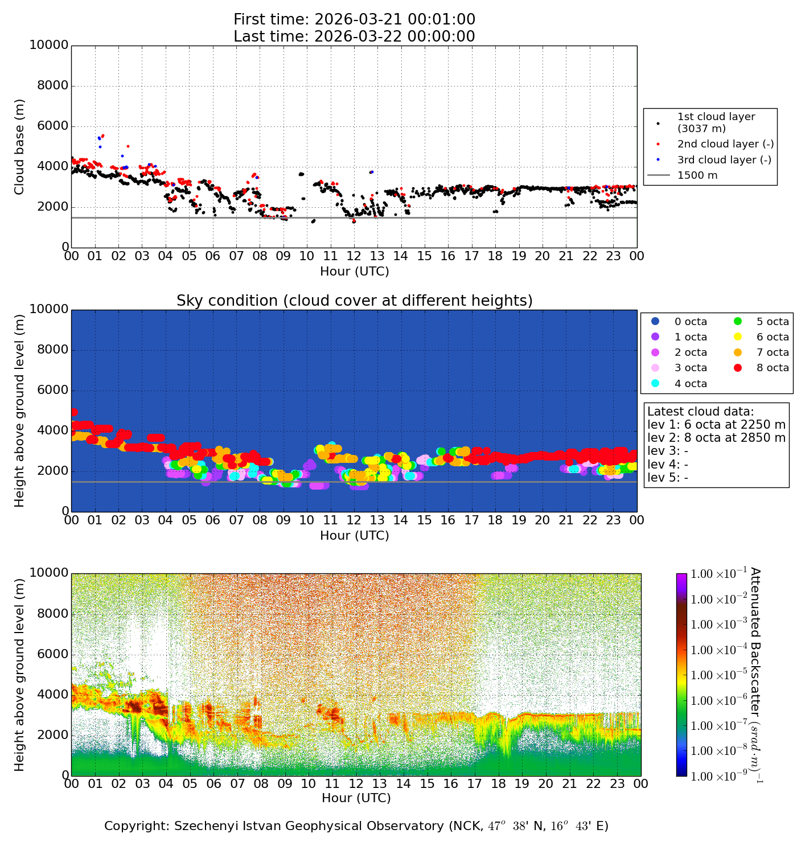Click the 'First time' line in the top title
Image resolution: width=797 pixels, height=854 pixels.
coord(354,19)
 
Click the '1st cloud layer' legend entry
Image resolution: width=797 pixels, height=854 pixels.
coord(716,122)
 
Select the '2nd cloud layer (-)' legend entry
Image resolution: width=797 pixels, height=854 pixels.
coord(725,144)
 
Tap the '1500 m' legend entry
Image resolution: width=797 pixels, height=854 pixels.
coord(697,175)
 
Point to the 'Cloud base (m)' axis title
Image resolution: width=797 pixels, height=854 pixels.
coord(20,146)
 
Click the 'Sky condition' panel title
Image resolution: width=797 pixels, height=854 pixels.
coord(354,301)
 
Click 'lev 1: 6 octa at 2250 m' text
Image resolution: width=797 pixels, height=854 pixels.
coord(716,425)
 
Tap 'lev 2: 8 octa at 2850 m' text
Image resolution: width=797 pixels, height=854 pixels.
coord(716,438)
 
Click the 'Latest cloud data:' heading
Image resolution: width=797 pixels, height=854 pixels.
coord(700,412)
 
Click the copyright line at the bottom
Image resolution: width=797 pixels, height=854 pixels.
coord(356,826)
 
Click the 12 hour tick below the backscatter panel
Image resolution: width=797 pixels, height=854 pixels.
coord(355,784)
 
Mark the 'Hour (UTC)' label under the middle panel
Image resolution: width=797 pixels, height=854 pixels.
coord(354,535)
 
